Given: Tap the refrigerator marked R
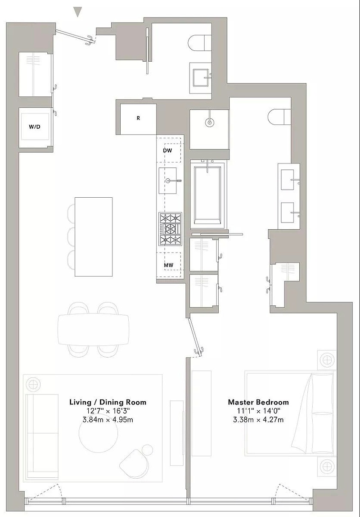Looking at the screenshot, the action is (x=138, y=119).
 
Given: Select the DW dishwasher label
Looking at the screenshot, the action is (x=167, y=150).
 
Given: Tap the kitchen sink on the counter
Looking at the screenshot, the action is (x=168, y=180).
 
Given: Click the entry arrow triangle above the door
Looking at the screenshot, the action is (x=77, y=12).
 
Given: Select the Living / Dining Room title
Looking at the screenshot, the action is (x=108, y=402).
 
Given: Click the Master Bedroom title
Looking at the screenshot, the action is (x=258, y=402).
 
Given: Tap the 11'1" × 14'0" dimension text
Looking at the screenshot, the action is (x=258, y=411).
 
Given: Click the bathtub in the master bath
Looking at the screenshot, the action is (x=208, y=195).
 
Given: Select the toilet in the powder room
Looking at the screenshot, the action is (x=200, y=43).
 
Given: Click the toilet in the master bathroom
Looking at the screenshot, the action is (x=279, y=117).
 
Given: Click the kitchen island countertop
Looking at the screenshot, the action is (x=94, y=237).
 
